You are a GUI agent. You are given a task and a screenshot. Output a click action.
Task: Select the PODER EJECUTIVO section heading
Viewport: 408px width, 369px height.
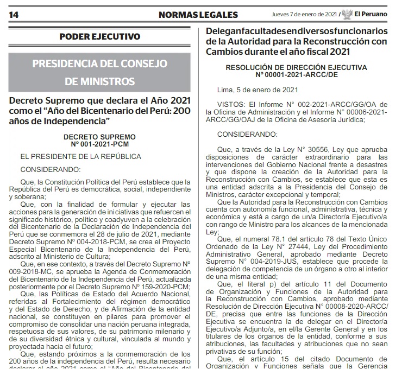pyautogui.click(x=99, y=37)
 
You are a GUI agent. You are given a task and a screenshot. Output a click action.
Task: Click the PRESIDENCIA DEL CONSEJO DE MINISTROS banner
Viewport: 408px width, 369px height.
pyautogui.click(x=99, y=73)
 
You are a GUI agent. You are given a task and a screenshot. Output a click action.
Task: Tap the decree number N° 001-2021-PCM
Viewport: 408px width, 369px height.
pyautogui.click(x=99, y=144)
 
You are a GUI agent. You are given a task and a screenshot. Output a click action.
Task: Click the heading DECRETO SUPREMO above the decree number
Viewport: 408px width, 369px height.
pyautogui.click(x=99, y=137)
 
